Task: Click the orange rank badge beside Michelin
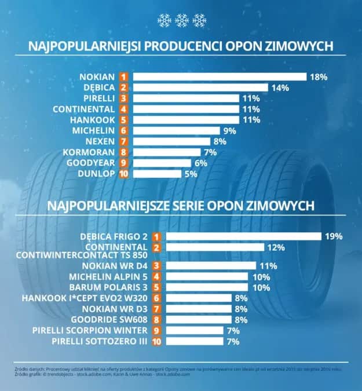(123, 131)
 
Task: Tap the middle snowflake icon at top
(182, 21)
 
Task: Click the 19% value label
(334, 236)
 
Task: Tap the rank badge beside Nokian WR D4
(155, 265)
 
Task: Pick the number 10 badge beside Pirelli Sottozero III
(155, 341)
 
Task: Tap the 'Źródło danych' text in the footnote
(27, 368)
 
